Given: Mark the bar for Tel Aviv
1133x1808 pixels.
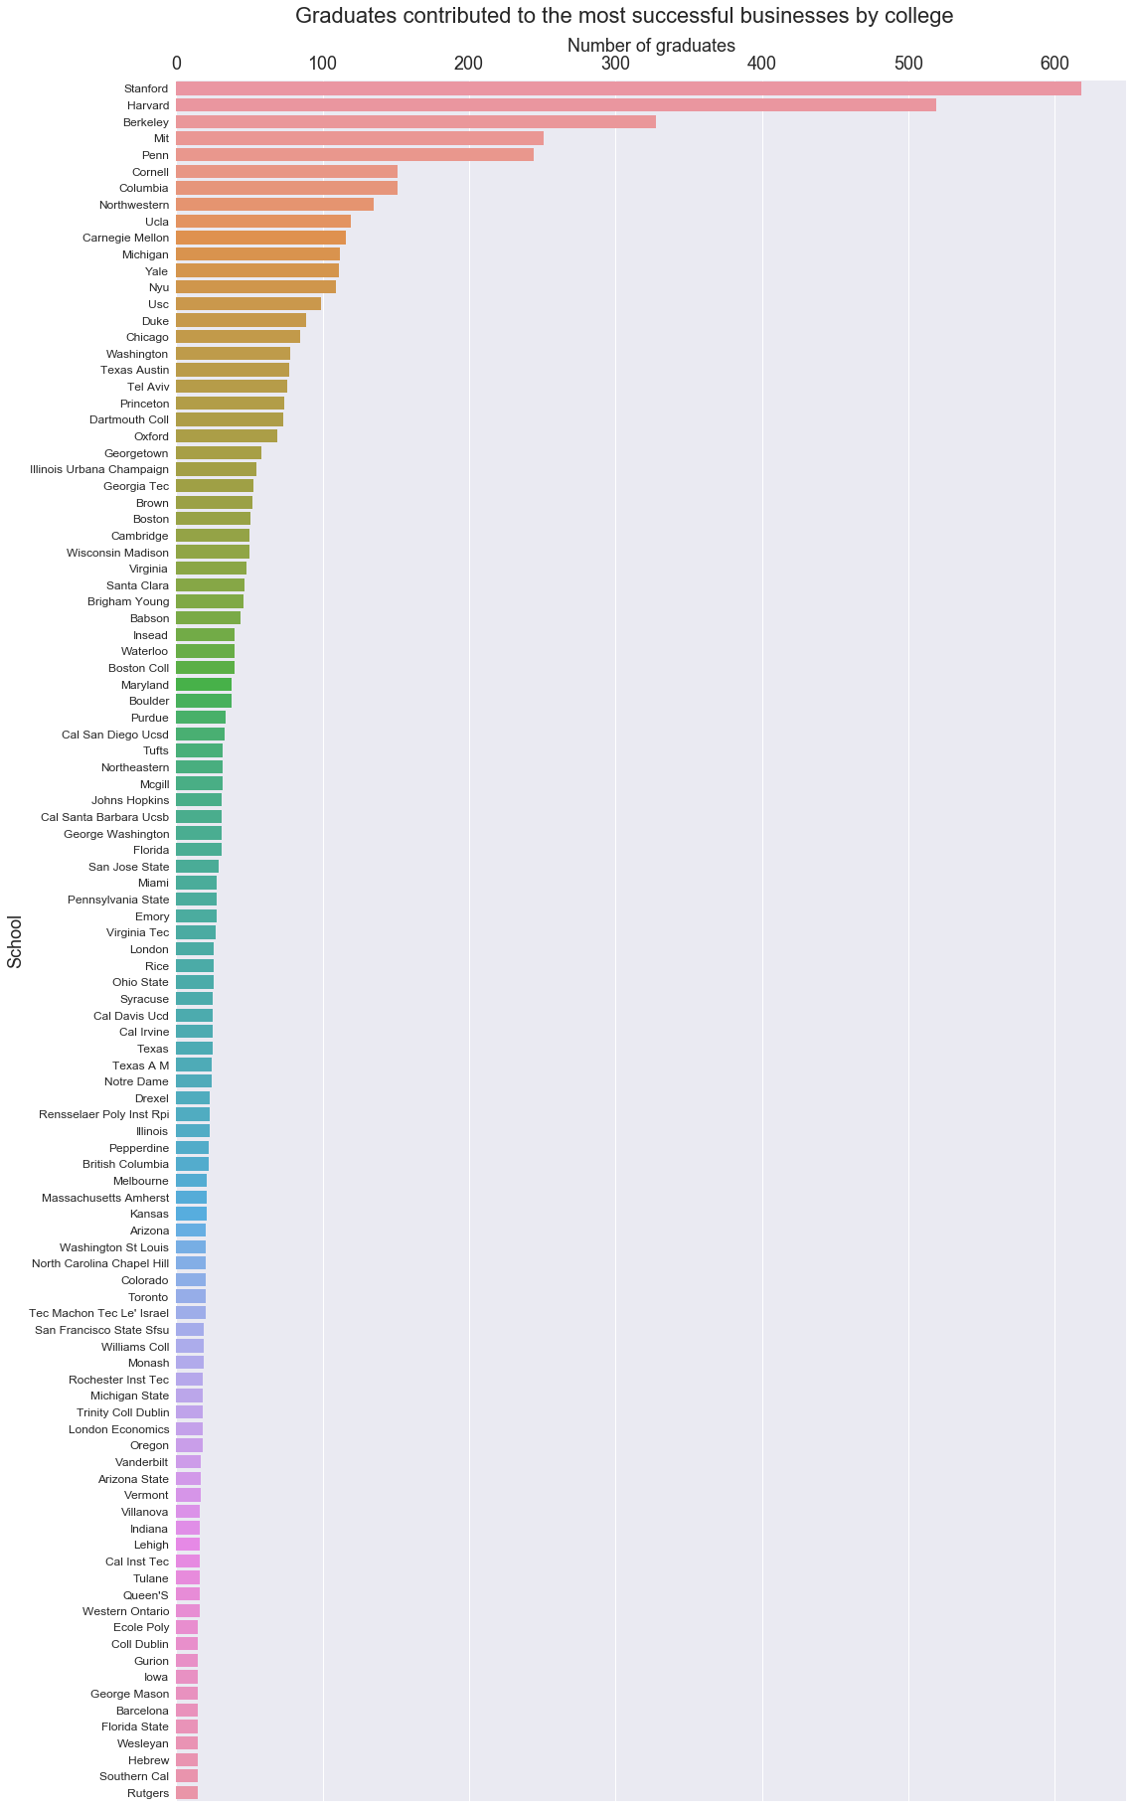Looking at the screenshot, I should (x=232, y=387).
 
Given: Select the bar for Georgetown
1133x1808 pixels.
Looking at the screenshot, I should (x=219, y=452).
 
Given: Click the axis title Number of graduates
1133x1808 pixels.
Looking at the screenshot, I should (x=650, y=45).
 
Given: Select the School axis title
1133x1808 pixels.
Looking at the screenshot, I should (x=15, y=941).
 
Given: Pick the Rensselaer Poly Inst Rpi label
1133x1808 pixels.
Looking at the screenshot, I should (x=104, y=1114).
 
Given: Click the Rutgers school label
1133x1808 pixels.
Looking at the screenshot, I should (x=148, y=1793).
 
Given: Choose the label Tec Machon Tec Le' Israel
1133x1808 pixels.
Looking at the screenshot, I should (x=100, y=1313).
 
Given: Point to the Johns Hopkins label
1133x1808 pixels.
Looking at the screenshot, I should (x=130, y=800).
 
